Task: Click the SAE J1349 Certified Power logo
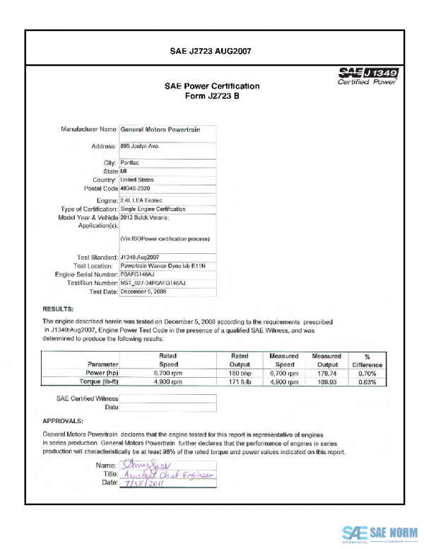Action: (x=368, y=76)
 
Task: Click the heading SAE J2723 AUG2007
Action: (x=211, y=51)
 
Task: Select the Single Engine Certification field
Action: (x=153, y=209)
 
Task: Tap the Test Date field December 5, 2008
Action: (x=143, y=291)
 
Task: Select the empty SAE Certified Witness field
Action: (x=167, y=399)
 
